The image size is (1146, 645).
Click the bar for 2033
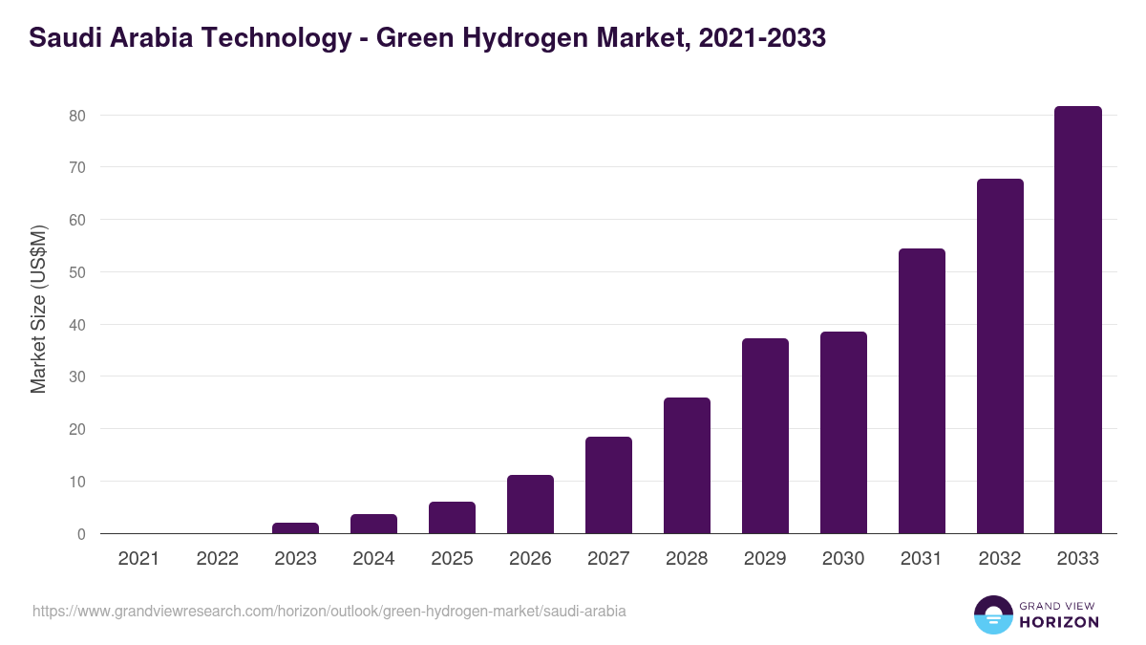tap(1078, 320)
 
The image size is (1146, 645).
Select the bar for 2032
tap(1000, 356)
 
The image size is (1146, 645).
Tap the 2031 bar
tap(922, 391)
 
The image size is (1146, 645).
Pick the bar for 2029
tap(765, 436)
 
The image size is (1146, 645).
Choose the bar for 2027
tap(608, 485)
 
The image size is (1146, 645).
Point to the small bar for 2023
tap(295, 528)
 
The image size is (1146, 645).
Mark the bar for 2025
tap(452, 518)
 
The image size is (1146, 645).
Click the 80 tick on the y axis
tap(76, 116)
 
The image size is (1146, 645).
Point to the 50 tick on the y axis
tap(76, 272)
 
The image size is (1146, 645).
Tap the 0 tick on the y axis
tap(81, 534)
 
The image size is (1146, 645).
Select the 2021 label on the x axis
tap(138, 559)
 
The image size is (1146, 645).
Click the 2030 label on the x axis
tap(843, 559)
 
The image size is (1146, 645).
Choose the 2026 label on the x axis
tap(530, 559)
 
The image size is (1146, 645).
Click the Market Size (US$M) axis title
tap(38, 310)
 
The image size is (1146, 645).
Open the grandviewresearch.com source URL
tap(329, 611)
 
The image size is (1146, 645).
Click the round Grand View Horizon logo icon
tap(992, 614)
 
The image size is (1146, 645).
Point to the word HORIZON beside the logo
tap(1058, 622)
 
